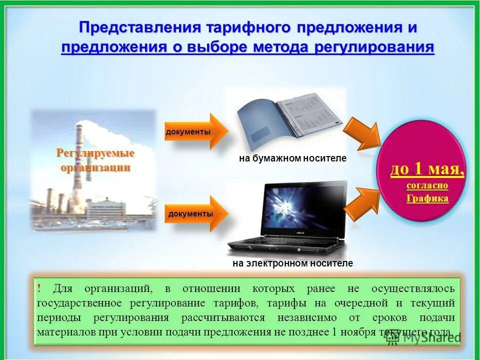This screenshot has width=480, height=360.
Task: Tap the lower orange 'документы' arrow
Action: [195, 213]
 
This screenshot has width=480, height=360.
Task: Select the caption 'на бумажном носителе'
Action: [292, 158]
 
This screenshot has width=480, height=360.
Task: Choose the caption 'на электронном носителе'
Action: [292, 263]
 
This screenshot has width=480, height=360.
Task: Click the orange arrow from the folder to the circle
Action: [364, 133]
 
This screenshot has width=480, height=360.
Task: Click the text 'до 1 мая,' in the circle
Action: [427, 170]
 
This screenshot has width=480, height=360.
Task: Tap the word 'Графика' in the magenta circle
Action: [427, 198]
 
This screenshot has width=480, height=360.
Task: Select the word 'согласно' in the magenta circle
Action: [427, 185]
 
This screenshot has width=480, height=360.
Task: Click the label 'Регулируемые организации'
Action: [95, 160]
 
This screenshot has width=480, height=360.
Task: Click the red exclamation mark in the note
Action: [39, 288]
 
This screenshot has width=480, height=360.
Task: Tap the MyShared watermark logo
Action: [422, 337]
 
